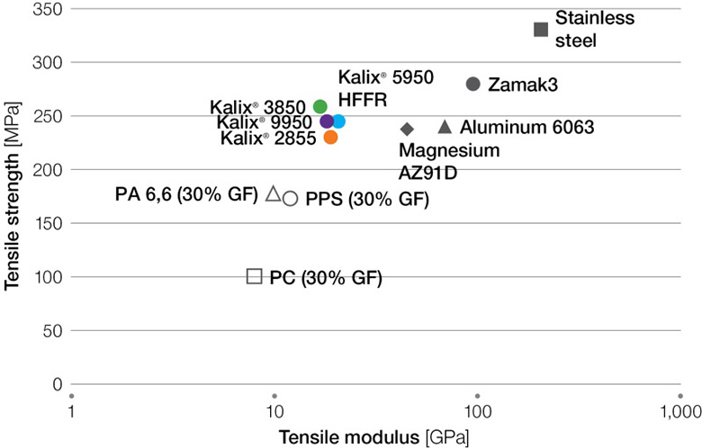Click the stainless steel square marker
[x=541, y=30]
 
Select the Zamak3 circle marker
[x=473, y=84]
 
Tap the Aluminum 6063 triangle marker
[x=445, y=127]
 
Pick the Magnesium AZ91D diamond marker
[x=407, y=130]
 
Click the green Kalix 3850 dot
[x=320, y=107]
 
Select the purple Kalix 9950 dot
[x=328, y=121]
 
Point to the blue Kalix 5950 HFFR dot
[x=338, y=121]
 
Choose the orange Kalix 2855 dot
[x=330, y=137]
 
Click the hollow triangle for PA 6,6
[x=274, y=193]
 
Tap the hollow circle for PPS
[x=290, y=198]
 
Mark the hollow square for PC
[x=255, y=276]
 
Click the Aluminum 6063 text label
[x=526, y=128]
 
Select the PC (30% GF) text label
[x=326, y=278]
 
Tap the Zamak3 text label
[x=523, y=85]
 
